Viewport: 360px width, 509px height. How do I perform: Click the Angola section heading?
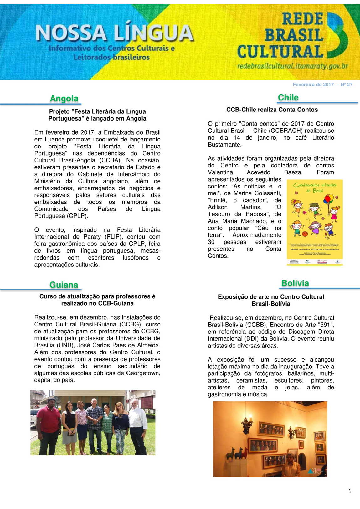click(x=64, y=98)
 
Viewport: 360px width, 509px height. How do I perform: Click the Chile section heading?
click(x=288, y=97)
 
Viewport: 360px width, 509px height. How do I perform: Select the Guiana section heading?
click(x=64, y=285)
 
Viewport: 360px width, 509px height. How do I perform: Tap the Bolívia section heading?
click(x=295, y=283)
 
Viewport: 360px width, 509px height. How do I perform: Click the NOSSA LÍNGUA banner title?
click(x=114, y=33)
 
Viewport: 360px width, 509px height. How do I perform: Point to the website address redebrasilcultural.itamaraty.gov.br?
click(x=292, y=66)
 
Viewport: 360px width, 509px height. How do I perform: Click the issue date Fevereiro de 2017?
click(x=313, y=85)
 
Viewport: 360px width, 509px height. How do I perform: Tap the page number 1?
click(x=350, y=491)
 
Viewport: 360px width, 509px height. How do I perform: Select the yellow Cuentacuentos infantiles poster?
click(x=315, y=222)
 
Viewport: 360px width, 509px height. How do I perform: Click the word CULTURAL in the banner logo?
click(x=280, y=52)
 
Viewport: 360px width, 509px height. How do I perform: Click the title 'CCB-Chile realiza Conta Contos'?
click(x=272, y=110)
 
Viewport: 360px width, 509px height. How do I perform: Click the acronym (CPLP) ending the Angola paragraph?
click(x=77, y=216)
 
